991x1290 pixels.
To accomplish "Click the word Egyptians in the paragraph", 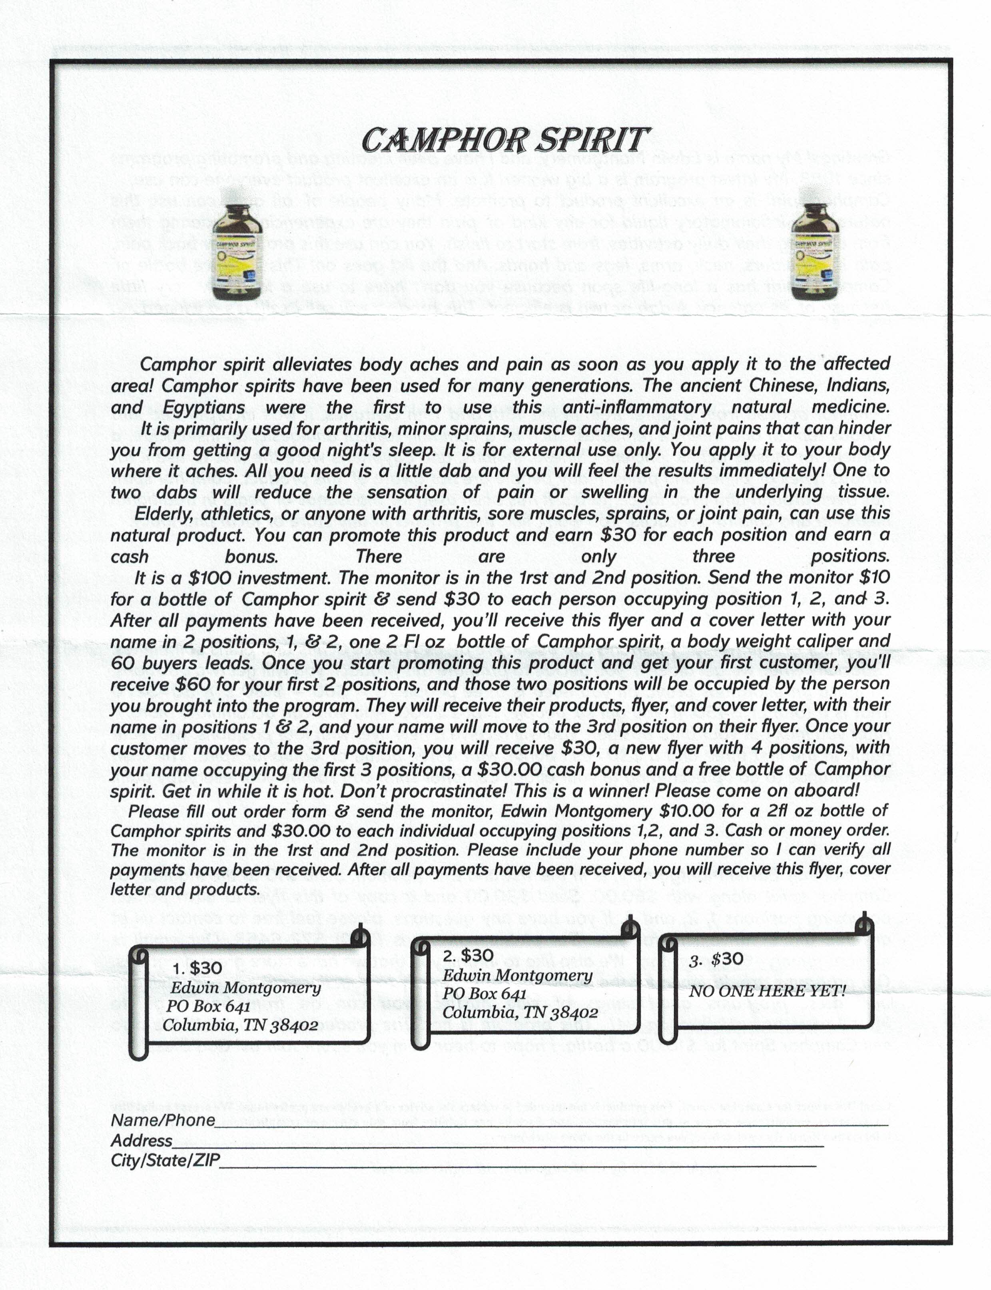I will point(203,407).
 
